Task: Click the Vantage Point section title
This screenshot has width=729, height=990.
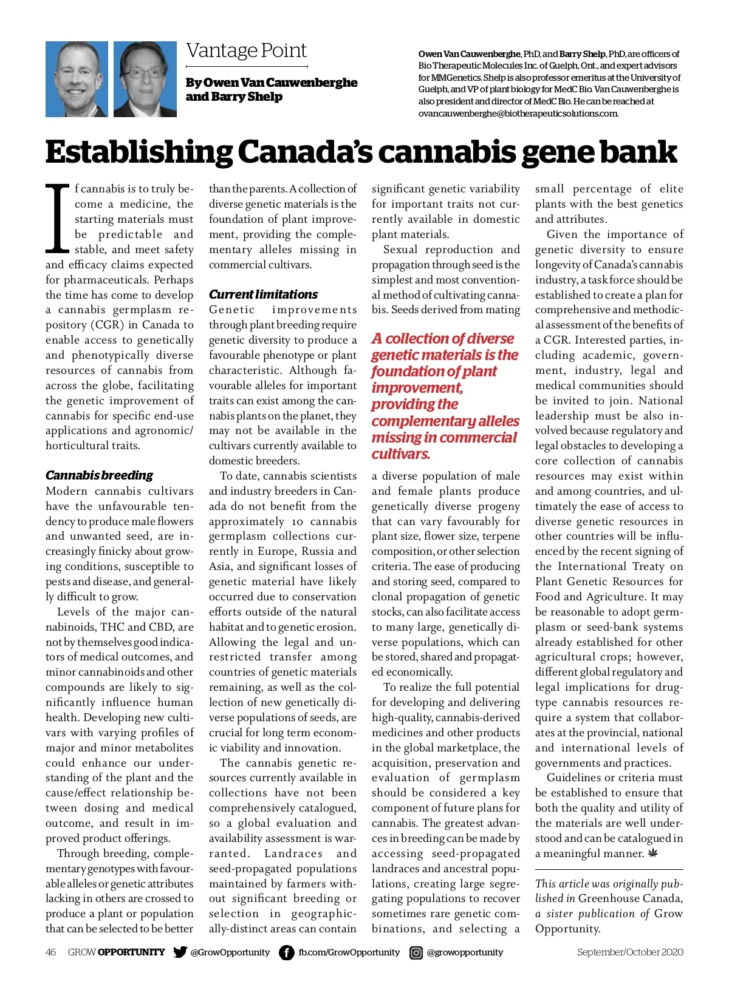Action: (x=246, y=50)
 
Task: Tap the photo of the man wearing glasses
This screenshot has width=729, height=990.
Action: (x=145, y=79)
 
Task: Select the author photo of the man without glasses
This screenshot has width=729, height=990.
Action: (x=77, y=79)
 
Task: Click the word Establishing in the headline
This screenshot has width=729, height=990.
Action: (x=137, y=152)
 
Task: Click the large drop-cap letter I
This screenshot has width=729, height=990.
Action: (x=58, y=219)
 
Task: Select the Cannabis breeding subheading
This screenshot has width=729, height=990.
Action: (x=99, y=475)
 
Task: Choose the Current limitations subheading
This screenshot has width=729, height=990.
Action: (x=263, y=294)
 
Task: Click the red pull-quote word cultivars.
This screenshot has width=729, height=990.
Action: (x=401, y=454)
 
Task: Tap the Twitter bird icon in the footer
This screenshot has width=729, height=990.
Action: (x=180, y=952)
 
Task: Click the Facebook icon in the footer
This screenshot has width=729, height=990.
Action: (x=287, y=952)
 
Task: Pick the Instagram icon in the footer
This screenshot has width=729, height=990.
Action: (x=416, y=952)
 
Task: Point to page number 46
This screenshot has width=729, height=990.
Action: (x=51, y=952)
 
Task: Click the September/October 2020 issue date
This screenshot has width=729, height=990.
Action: (x=630, y=952)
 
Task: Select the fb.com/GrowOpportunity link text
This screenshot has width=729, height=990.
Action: (x=349, y=952)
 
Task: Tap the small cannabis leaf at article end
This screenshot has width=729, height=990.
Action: (x=654, y=853)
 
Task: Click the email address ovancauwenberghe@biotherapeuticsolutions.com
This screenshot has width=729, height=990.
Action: (x=518, y=114)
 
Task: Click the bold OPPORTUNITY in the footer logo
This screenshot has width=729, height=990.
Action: (x=131, y=952)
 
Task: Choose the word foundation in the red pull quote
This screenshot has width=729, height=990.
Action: (x=400, y=371)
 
